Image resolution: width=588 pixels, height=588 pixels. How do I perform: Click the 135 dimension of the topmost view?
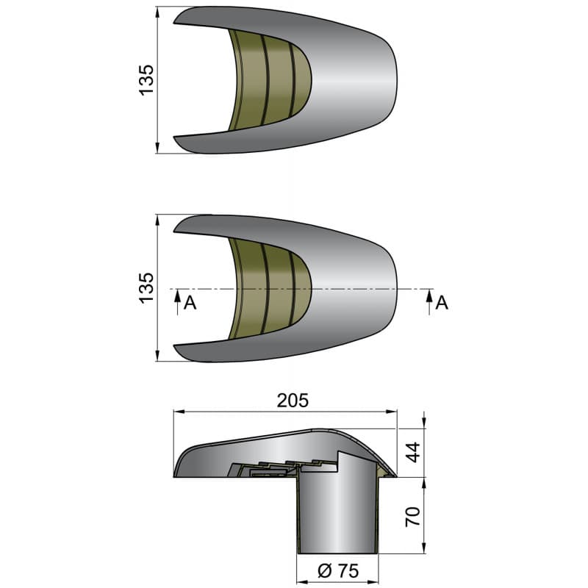click(147, 79)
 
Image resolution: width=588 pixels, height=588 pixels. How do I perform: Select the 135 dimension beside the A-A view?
click(147, 287)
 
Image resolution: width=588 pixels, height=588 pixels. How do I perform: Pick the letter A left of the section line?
click(190, 303)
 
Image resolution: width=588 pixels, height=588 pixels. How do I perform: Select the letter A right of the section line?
click(442, 303)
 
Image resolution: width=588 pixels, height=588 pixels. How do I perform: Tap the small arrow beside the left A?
click(177, 300)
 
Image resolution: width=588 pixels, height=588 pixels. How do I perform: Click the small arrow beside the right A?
click(428, 300)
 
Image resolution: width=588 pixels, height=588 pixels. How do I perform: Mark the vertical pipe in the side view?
click(337, 514)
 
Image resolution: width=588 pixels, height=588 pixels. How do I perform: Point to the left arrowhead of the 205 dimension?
click(176, 412)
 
